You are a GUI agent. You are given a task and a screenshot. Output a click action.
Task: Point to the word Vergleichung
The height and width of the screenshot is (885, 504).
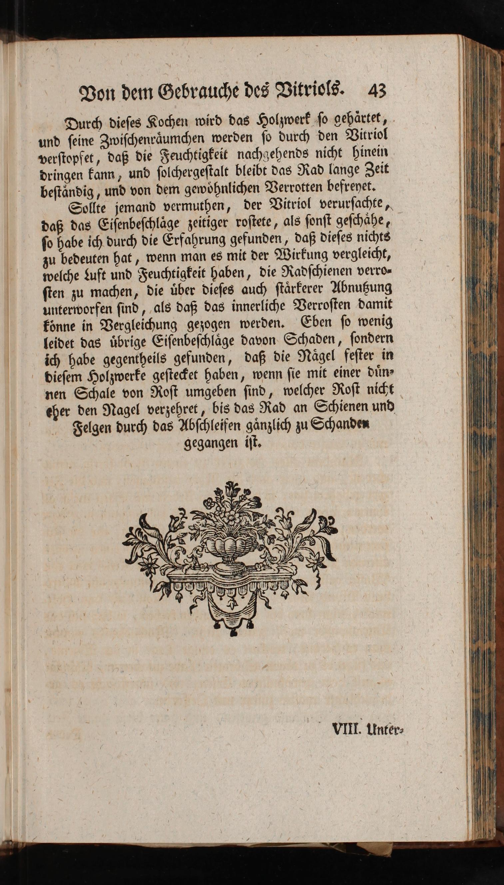(138, 325)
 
